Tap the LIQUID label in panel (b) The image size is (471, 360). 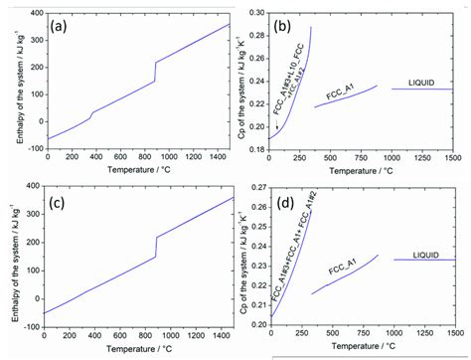coord(421,82)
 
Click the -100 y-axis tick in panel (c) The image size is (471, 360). coord(31,325)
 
